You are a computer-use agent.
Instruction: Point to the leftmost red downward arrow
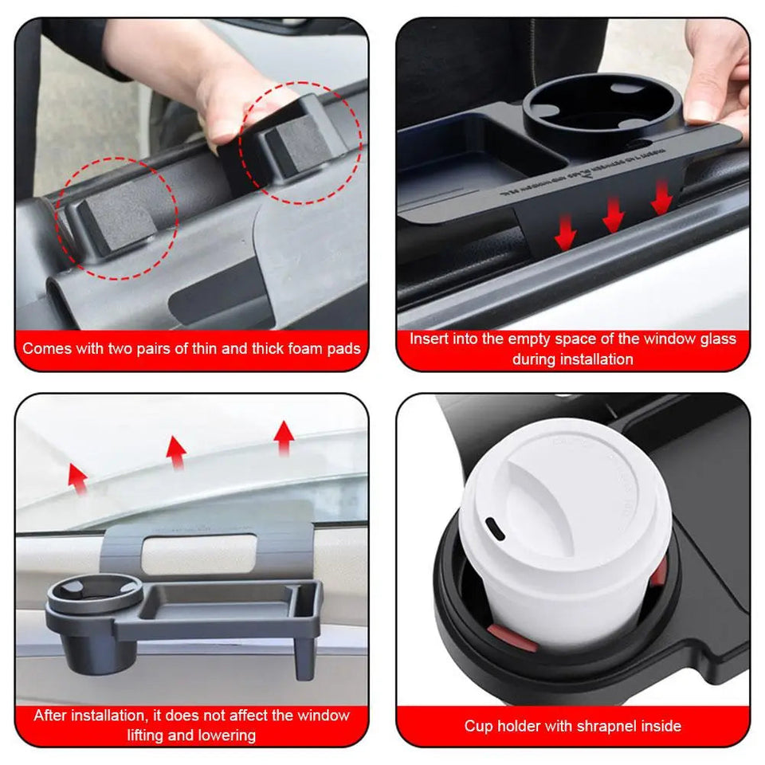point(565,233)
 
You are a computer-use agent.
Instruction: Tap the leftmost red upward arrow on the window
point(77,477)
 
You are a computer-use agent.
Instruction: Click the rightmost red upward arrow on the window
point(283,437)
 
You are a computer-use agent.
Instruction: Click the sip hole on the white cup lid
point(492,528)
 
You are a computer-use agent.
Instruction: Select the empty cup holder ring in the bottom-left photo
point(95,591)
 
